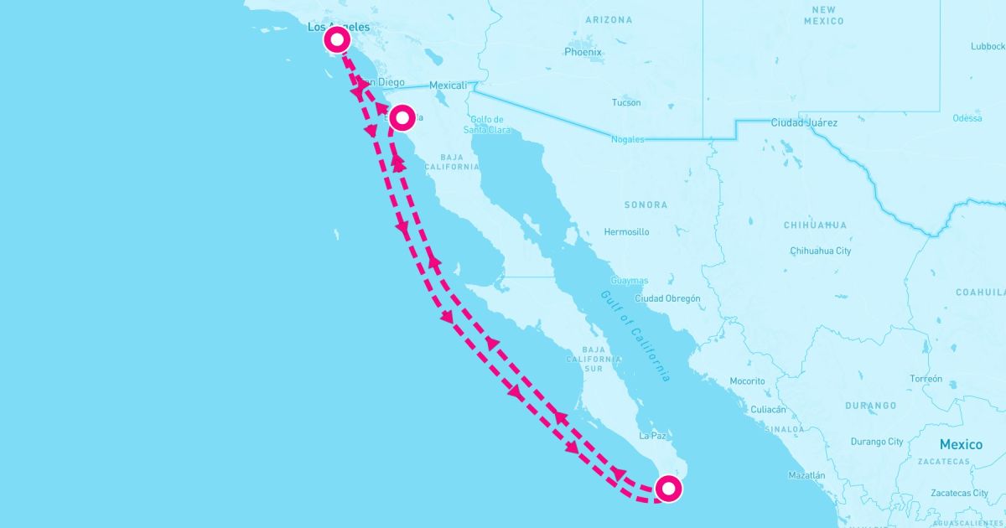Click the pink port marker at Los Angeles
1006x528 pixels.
(337, 39)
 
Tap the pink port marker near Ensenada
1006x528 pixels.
(402, 117)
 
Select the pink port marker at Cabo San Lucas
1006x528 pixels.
(668, 488)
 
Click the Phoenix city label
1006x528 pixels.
(583, 52)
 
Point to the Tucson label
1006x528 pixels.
(626, 103)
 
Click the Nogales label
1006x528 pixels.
(628, 139)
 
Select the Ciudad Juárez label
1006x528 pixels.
(803, 123)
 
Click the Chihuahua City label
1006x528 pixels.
(820, 251)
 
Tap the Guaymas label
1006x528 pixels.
(630, 281)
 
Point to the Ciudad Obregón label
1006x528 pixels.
(667, 298)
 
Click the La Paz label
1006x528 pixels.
(651, 437)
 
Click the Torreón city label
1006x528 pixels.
(926, 379)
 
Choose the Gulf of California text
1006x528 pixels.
(635, 336)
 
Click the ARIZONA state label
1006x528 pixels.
(609, 19)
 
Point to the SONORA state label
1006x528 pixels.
(646, 204)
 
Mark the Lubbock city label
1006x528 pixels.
(987, 47)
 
